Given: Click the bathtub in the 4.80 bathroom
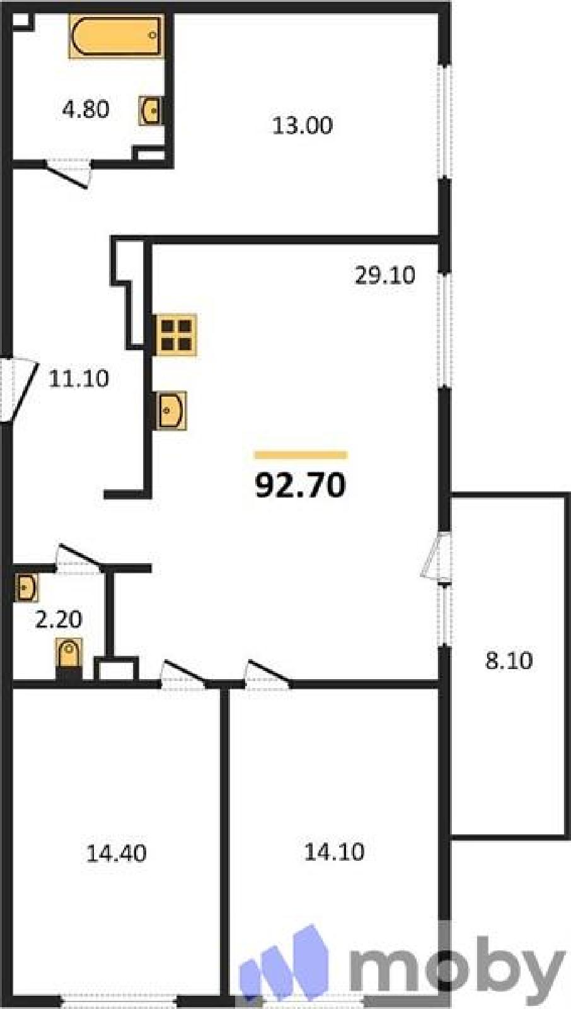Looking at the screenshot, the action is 116,36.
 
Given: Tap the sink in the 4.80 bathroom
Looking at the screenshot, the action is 151,110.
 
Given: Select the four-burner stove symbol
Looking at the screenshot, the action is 176,335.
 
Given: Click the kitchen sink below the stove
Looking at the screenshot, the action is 171,411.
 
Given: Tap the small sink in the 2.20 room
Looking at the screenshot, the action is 26,587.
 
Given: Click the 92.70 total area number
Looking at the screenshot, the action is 301,486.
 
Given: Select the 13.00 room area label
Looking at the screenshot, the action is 303,125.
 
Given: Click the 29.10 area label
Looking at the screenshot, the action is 385,275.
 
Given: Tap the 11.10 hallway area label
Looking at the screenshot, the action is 79,378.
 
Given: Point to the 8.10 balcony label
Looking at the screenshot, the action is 509,661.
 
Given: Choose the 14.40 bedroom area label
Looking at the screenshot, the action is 116,853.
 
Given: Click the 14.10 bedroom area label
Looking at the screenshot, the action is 335,852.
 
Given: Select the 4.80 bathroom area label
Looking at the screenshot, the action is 86,110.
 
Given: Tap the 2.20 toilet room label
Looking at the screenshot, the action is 59,619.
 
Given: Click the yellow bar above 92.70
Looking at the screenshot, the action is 301,455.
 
